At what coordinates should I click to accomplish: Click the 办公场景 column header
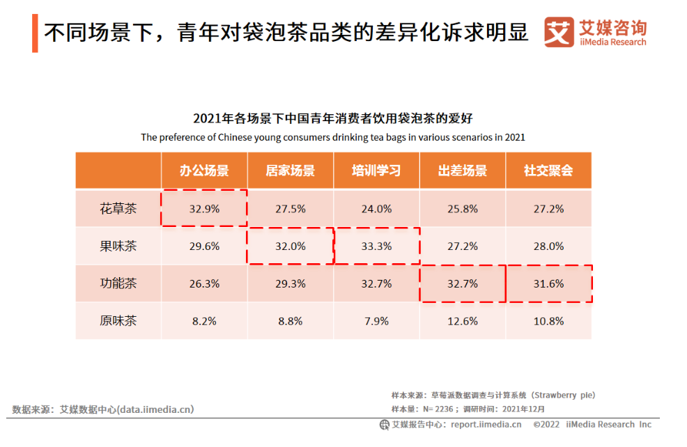click(204, 171)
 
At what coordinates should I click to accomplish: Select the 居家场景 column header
click(290, 171)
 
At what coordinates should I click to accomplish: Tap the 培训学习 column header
click(376, 171)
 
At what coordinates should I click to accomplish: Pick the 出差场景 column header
click(463, 171)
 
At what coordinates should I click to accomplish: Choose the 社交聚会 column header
click(548, 171)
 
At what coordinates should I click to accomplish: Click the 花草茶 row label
click(118, 208)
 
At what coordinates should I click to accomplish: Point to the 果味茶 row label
click(118, 246)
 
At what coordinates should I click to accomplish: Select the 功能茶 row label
click(118, 283)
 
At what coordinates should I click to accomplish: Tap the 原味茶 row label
click(118, 321)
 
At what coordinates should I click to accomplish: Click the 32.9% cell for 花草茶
click(204, 208)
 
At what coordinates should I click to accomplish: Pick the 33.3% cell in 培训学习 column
click(377, 246)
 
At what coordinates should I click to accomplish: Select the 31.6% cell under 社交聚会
click(549, 283)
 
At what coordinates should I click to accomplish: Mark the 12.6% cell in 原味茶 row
click(463, 321)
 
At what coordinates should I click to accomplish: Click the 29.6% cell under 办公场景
click(204, 246)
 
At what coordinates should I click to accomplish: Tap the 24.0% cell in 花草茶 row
click(377, 208)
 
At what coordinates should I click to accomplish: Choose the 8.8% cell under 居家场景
click(291, 321)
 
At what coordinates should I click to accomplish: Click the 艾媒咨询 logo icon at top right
click(559, 32)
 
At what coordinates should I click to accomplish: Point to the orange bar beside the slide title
click(35, 33)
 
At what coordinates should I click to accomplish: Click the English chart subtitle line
click(332, 137)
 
